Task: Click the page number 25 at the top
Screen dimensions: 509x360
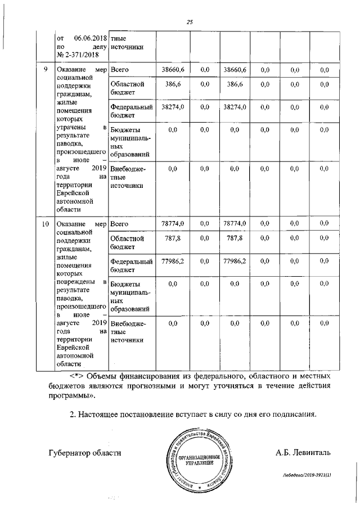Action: click(190, 22)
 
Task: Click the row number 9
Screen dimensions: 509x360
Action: click(46, 69)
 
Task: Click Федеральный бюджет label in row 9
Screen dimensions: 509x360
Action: click(132, 111)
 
